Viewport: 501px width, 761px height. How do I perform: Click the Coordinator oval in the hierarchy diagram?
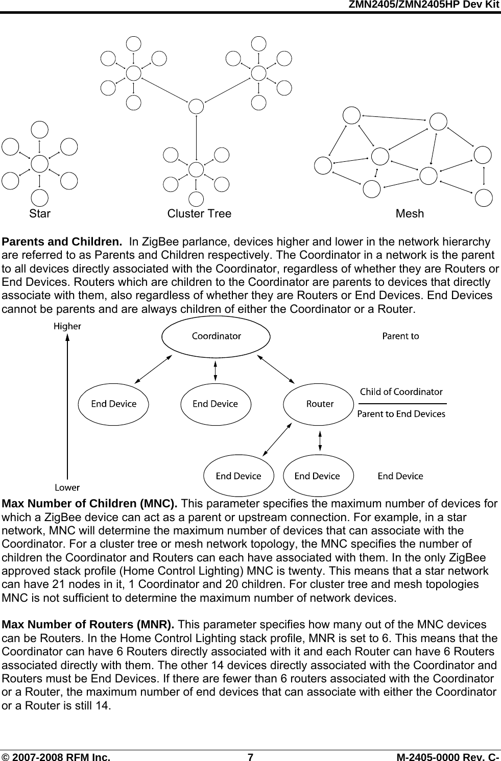(216, 336)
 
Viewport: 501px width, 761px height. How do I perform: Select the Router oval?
(320, 404)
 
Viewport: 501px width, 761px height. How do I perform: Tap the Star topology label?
(40, 213)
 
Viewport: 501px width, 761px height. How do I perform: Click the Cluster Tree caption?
(199, 213)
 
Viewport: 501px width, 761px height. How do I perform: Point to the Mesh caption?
(410, 213)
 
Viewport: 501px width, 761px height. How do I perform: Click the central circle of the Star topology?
(40, 164)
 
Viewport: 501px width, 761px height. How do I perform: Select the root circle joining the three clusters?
(196, 106)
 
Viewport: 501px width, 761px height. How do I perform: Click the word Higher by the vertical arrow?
(67, 326)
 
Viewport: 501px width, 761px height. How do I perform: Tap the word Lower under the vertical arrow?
(67, 487)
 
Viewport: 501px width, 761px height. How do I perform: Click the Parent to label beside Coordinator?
(401, 336)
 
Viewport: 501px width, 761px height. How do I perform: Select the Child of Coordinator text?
(401, 392)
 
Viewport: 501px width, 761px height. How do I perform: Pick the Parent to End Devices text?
(401, 414)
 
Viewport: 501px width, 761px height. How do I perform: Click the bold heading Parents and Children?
(62, 241)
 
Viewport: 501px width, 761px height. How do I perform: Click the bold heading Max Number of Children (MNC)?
(90, 504)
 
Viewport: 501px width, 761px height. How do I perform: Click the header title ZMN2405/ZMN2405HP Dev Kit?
(423, 5)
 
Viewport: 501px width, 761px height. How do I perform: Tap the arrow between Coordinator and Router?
(277, 368)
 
